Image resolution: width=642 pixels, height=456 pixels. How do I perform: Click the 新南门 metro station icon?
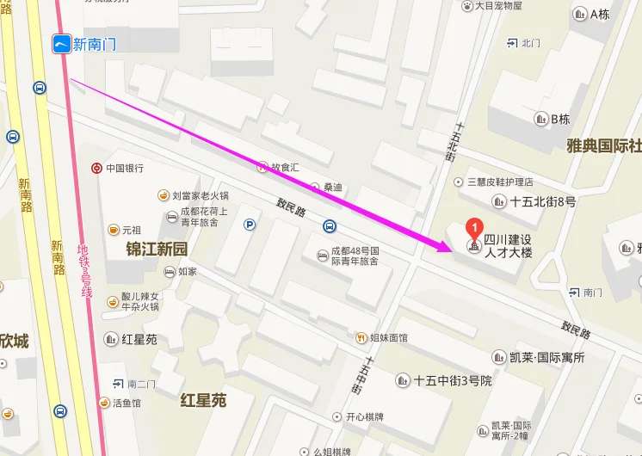(x=61, y=44)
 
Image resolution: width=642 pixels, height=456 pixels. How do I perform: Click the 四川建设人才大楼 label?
(x=508, y=246)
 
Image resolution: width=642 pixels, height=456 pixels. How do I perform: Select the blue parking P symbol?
(x=250, y=225)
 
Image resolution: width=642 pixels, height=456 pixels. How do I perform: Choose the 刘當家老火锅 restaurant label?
(x=200, y=195)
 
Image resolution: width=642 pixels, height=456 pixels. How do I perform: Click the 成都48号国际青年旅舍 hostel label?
(x=355, y=255)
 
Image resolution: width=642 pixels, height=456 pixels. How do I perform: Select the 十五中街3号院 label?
(x=453, y=380)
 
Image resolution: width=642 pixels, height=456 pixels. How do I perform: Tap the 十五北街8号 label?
(x=542, y=201)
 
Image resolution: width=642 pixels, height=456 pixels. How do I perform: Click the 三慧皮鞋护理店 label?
(x=499, y=182)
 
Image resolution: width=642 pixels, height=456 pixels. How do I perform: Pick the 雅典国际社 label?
(x=603, y=145)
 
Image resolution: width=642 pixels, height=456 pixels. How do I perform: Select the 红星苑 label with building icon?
(x=138, y=339)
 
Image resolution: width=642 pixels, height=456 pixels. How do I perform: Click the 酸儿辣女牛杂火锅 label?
(x=139, y=300)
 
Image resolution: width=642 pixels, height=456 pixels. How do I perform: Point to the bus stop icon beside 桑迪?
(x=330, y=226)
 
